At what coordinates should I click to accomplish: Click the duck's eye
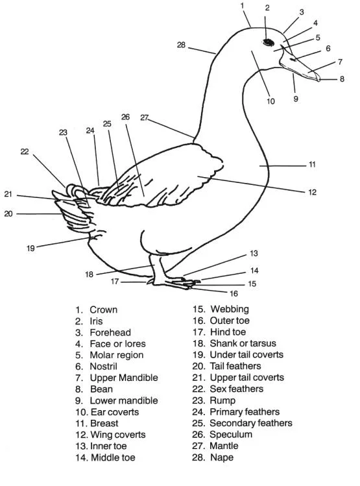point(267,42)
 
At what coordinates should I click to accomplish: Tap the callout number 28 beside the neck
point(182,45)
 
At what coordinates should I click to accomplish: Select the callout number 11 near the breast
point(312,165)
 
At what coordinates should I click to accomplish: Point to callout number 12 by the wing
point(312,192)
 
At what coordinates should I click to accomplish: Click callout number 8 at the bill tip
point(342,79)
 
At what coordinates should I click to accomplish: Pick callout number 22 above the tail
point(25,151)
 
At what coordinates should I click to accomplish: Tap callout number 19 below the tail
point(30,248)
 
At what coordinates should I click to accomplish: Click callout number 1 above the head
point(242,6)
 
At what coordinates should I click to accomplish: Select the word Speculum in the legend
point(231,435)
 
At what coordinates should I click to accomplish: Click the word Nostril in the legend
point(106,367)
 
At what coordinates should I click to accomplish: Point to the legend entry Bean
point(101,389)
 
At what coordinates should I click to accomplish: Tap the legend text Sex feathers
point(236,389)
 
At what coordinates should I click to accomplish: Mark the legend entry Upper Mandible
point(123,378)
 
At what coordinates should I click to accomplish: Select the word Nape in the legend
point(221,457)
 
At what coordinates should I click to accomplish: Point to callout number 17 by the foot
point(115,282)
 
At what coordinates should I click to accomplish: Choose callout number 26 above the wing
point(125,117)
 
